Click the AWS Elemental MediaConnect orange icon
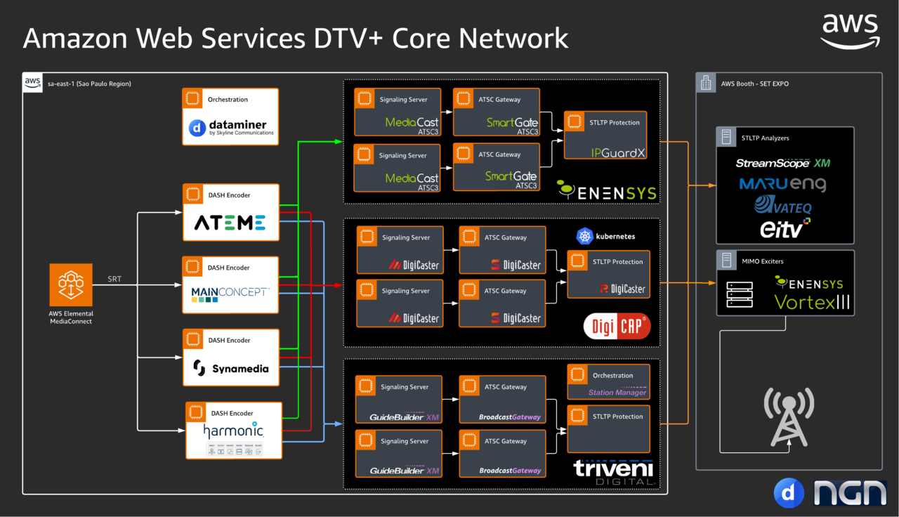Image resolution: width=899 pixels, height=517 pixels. point(71,285)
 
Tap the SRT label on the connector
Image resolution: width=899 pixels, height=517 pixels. point(114,279)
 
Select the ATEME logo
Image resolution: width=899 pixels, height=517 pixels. point(230,223)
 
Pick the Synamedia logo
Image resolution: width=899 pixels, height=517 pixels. point(230,368)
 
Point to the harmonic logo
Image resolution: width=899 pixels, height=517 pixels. point(233,431)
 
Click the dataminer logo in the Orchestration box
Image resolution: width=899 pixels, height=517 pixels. point(230,128)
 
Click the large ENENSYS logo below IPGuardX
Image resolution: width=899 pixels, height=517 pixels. point(607,191)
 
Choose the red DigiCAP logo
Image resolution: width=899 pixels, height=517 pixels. point(617,325)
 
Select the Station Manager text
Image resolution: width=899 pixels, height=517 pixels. point(617,393)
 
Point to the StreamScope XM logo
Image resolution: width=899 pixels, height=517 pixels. point(783,163)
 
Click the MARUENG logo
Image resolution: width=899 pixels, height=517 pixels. point(782,184)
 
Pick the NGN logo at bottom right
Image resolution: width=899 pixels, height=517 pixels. point(850,493)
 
